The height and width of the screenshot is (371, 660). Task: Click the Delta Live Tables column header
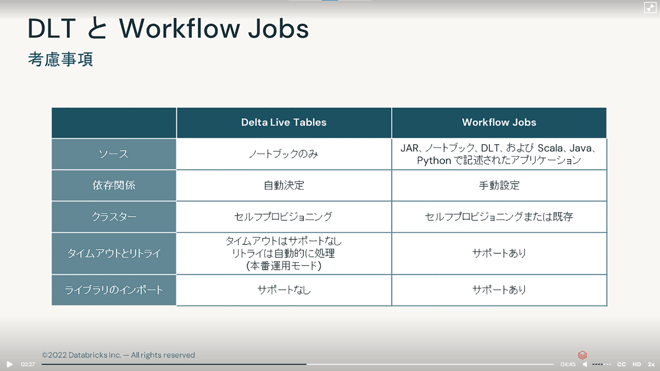[284, 122]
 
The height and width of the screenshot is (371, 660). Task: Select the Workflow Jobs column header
[499, 122]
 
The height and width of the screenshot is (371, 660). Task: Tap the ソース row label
[114, 154]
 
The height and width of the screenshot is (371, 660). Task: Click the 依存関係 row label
[114, 185]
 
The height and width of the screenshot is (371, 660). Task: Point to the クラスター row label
[114, 217]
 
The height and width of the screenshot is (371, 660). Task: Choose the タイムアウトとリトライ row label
[114, 254]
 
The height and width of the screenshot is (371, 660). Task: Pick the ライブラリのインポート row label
[114, 290]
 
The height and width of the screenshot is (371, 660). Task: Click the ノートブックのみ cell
[284, 154]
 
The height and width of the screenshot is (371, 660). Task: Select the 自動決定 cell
[284, 185]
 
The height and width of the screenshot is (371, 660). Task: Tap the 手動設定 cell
[499, 185]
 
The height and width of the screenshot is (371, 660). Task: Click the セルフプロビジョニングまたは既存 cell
[499, 217]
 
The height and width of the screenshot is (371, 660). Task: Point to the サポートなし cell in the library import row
[284, 290]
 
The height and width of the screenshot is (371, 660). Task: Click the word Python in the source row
[434, 161]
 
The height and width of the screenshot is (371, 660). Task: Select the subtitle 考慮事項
[61, 59]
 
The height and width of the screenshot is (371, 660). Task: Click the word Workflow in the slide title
[179, 29]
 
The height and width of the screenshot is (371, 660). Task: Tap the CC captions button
[621, 364]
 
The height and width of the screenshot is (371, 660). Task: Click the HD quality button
[637, 364]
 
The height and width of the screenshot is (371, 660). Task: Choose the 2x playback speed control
[651, 364]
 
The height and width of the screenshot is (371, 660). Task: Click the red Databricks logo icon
[582, 355]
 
